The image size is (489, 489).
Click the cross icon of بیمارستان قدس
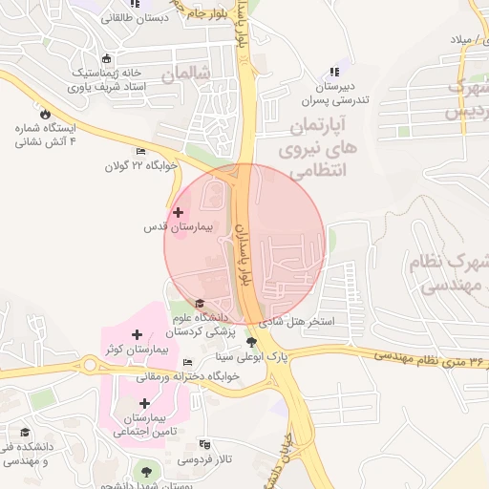point(178,211)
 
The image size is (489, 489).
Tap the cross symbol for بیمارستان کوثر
point(138,335)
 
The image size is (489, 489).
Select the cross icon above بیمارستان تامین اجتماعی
point(144,403)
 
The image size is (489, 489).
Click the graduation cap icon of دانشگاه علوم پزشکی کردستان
point(200,304)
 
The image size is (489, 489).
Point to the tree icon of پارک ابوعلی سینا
point(252,342)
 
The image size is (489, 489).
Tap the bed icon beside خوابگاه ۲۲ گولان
point(141,151)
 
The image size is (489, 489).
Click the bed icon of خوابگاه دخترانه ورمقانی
point(187,362)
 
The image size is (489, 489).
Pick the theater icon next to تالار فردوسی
point(202,444)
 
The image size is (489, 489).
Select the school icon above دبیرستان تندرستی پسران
point(333,72)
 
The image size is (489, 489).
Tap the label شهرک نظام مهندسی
point(449,272)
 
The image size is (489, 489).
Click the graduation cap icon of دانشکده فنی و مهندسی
point(24,433)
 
